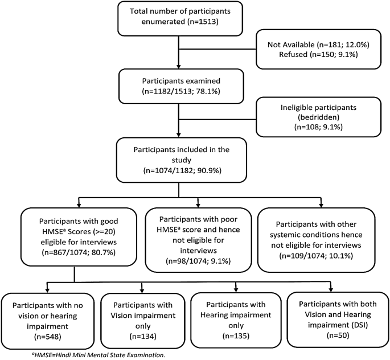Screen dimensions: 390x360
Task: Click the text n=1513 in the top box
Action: click(202, 22)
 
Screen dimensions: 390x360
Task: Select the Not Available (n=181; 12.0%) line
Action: click(318, 44)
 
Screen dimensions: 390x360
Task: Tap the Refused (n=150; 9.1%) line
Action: click(318, 55)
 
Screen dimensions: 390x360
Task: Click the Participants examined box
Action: click(181, 87)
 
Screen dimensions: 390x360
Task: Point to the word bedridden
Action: click(318, 117)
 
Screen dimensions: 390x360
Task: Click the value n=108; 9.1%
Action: click(318, 127)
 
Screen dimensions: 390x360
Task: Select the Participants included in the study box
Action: click(182, 160)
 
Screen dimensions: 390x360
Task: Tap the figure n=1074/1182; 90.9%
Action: click(182, 171)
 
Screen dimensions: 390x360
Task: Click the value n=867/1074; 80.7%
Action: click(79, 252)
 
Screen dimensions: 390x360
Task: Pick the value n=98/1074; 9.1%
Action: click(198, 261)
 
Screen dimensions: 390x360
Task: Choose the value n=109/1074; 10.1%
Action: click(316, 256)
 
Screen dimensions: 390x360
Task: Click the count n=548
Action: click(47, 337)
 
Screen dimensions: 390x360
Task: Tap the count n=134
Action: click(143, 337)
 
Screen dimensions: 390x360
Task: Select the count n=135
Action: click(236, 336)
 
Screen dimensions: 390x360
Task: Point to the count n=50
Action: click(338, 336)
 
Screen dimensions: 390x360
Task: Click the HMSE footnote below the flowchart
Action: click(98, 355)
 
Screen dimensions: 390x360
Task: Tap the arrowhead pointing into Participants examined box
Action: click(178, 67)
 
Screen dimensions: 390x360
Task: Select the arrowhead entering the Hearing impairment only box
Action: click(236, 290)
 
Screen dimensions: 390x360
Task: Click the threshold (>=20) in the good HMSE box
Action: click(104, 232)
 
